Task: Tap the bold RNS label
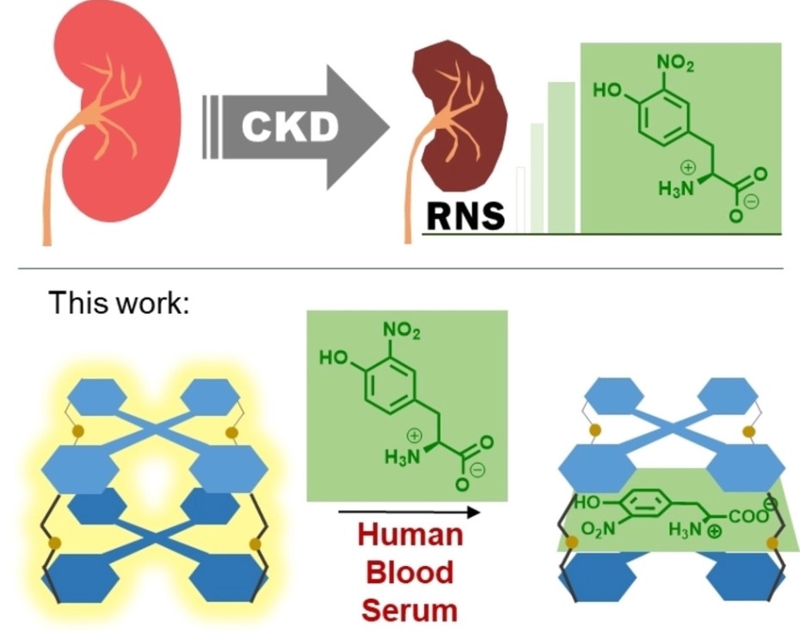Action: (465, 217)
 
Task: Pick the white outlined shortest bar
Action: (520, 200)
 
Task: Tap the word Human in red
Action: (409, 535)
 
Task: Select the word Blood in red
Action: (409, 573)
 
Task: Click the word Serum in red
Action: (409, 610)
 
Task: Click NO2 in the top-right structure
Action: (674, 64)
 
